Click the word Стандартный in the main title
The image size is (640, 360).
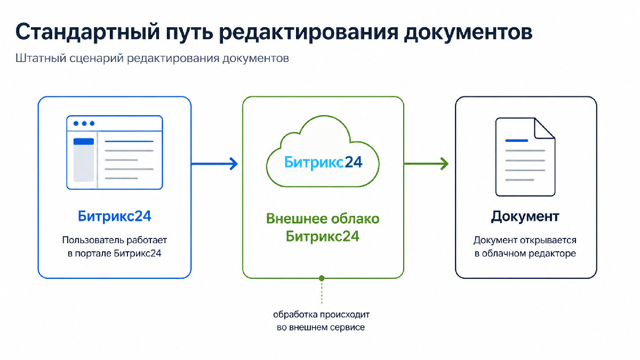[x=87, y=33]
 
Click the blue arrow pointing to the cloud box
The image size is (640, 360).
[x=214, y=164]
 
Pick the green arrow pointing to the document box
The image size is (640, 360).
[x=426, y=164]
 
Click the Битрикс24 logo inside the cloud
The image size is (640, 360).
[x=323, y=162]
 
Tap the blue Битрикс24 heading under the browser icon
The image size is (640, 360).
[x=114, y=217]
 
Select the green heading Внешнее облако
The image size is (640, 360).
[x=323, y=219]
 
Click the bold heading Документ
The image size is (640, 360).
[x=525, y=217]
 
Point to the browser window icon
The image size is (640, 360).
[x=115, y=153]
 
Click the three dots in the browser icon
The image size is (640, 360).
[x=84, y=123]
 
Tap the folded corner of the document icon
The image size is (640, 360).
[x=545, y=129]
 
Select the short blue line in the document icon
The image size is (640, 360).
[x=517, y=141]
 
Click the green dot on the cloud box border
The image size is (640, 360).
[x=322, y=278]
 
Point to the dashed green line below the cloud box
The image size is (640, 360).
[x=322, y=292]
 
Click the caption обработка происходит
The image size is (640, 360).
[x=322, y=315]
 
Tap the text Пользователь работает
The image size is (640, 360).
[x=115, y=240]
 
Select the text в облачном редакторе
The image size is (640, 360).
[x=525, y=253]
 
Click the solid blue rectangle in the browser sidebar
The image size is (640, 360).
[x=84, y=141]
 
